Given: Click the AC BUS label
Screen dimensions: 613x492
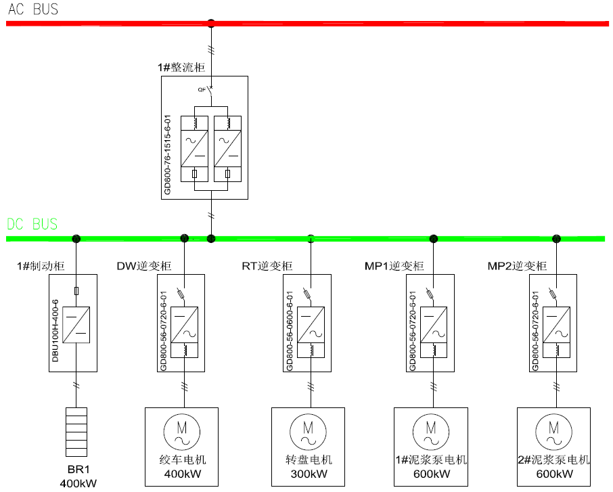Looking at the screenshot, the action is coord(33,9).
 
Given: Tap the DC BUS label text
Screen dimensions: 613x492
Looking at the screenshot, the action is coord(32,224).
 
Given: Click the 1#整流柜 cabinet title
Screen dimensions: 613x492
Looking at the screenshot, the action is coord(181,67).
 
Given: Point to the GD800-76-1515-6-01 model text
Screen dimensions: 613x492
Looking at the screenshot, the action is coord(167,154).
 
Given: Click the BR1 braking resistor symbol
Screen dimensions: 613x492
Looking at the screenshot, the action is coord(76,432).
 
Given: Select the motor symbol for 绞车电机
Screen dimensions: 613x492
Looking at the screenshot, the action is coord(182,432).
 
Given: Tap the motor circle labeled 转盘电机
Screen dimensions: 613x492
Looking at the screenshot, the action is coord(308,432).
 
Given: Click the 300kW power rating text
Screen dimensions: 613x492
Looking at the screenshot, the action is coord(309,474).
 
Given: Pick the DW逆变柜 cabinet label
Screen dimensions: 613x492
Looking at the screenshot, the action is coord(144,266).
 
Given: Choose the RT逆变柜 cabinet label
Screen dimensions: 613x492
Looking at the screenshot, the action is coord(267,266).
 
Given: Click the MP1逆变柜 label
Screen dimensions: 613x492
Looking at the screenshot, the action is coord(394,266).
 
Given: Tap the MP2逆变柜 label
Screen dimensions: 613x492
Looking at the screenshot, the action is coord(517,266).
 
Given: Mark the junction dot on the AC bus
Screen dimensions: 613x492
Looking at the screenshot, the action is coord(211,24).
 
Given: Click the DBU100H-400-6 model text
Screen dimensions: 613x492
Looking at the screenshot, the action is coord(55,330).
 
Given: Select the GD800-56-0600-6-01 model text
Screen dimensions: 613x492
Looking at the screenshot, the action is coord(290,331).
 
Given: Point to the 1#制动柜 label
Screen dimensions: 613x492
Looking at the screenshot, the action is coord(41,266).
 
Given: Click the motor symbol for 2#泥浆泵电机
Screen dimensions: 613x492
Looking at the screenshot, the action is coord(553,432).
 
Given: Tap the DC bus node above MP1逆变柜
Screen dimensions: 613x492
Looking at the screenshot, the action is coord(433,239).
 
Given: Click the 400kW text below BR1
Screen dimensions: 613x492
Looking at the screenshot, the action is coord(78,483).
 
